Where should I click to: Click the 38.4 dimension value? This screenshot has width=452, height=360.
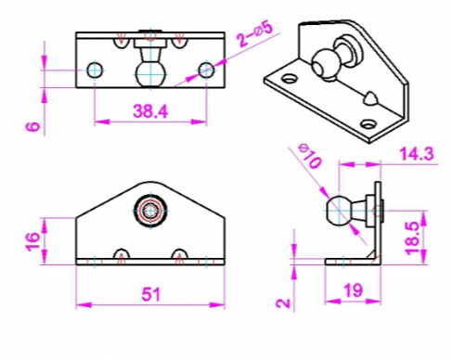(150, 111)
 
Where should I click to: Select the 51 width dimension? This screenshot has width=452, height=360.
(151, 294)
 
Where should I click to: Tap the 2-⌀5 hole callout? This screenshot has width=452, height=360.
(255, 34)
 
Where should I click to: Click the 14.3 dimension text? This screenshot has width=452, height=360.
(417, 154)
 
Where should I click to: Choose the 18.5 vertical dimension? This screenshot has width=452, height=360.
(413, 238)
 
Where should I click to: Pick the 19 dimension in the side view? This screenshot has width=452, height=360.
(353, 290)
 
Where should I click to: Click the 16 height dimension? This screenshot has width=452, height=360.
(33, 241)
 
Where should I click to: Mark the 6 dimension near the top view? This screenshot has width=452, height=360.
(32, 126)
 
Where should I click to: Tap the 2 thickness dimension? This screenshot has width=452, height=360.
(283, 303)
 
